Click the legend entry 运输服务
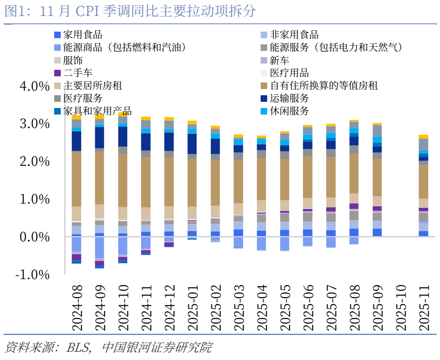coord(289,99)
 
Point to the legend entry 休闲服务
coord(289,111)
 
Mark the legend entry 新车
coord(279,60)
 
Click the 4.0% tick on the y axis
coord(34,86)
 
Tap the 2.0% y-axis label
coord(34,161)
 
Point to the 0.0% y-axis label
coord(34,237)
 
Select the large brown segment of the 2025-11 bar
coord(423,182)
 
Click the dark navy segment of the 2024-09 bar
coord(100,138)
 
